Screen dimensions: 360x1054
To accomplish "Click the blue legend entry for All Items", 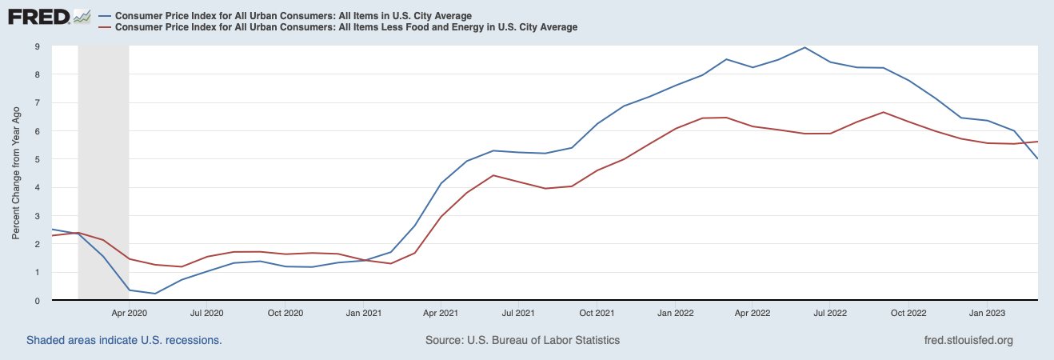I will [293, 16].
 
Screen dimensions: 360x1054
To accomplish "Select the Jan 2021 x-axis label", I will [363, 313].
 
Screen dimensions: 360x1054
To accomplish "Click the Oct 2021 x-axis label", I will [597, 313].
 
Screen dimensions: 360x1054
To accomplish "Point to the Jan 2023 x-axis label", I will [988, 313].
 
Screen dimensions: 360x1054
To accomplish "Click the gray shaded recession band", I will [103, 160].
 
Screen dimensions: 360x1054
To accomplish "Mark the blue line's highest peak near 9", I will [804, 47].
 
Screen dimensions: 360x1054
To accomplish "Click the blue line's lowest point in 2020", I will [155, 294].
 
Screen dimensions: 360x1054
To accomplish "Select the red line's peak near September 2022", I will [883, 112].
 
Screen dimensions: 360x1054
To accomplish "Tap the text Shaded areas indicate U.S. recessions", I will [124, 340].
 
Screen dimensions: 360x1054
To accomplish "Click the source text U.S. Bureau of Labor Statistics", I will [522, 340].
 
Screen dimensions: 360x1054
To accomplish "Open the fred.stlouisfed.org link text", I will [968, 340].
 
